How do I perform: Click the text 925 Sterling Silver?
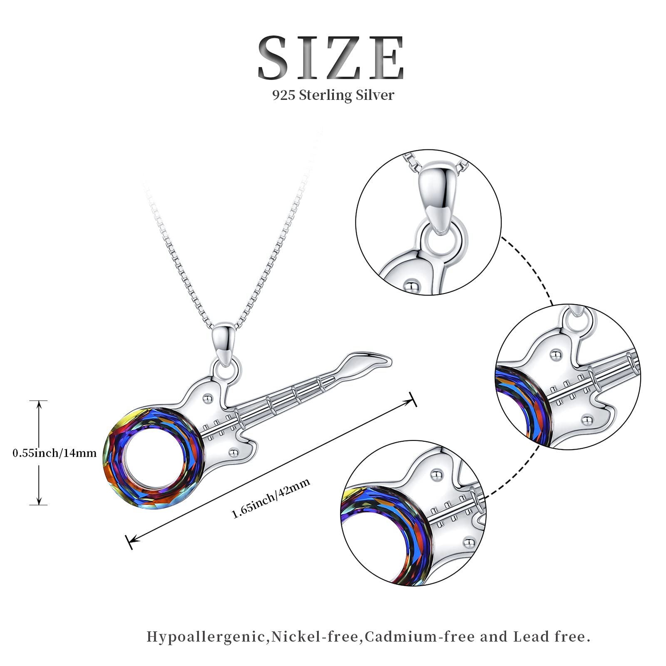(x=333, y=95)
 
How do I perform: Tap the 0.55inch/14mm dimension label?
(x=55, y=453)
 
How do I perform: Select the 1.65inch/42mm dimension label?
(x=271, y=499)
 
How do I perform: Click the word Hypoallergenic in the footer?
(x=206, y=637)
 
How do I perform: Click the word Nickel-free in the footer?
(x=315, y=636)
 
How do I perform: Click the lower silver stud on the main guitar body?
(x=233, y=452)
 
